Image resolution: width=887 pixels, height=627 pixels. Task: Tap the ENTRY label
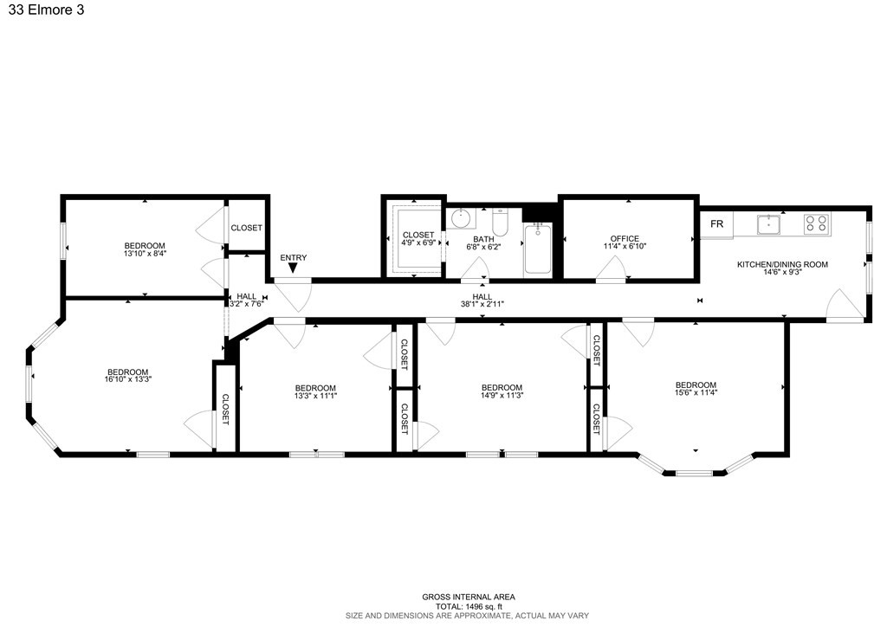293,257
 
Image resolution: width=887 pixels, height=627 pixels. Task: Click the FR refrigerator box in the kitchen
716,223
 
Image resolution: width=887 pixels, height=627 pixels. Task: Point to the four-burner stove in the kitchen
816,224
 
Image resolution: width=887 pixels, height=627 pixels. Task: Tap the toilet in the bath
499,222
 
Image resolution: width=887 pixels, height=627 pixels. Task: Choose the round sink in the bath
460,217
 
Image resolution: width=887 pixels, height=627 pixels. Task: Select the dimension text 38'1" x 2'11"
482,305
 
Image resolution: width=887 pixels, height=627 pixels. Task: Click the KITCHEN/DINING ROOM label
782,264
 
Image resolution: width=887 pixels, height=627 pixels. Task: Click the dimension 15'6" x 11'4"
696,392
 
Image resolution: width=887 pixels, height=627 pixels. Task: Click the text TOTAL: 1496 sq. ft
468,606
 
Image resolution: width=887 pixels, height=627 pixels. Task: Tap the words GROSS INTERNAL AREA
468,597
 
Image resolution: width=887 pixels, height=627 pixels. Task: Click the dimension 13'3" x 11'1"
315,395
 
